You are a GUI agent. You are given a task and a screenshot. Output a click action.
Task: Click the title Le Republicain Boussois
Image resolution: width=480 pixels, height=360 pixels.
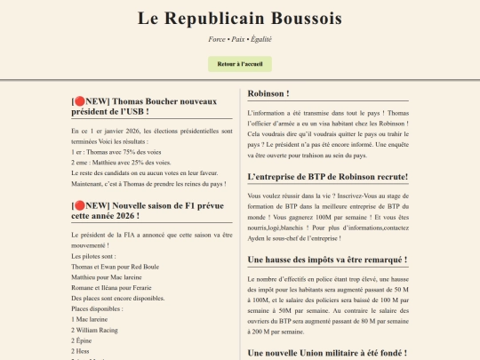(240, 18)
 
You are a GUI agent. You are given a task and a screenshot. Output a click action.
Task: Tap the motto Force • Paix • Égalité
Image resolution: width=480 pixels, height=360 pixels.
(240, 39)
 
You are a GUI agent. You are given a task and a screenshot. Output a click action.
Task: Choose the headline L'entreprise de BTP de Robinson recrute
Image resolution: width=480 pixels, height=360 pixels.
(327, 176)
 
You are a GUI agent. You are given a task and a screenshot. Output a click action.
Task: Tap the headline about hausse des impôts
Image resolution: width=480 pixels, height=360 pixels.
(327, 260)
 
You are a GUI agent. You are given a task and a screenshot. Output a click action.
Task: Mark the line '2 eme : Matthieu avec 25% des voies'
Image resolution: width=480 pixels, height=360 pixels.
(120, 162)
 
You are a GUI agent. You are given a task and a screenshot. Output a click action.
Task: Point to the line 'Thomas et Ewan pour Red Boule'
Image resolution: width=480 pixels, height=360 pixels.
(115, 267)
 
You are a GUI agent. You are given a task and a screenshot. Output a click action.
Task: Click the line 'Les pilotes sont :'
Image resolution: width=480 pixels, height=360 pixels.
(92, 256)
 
